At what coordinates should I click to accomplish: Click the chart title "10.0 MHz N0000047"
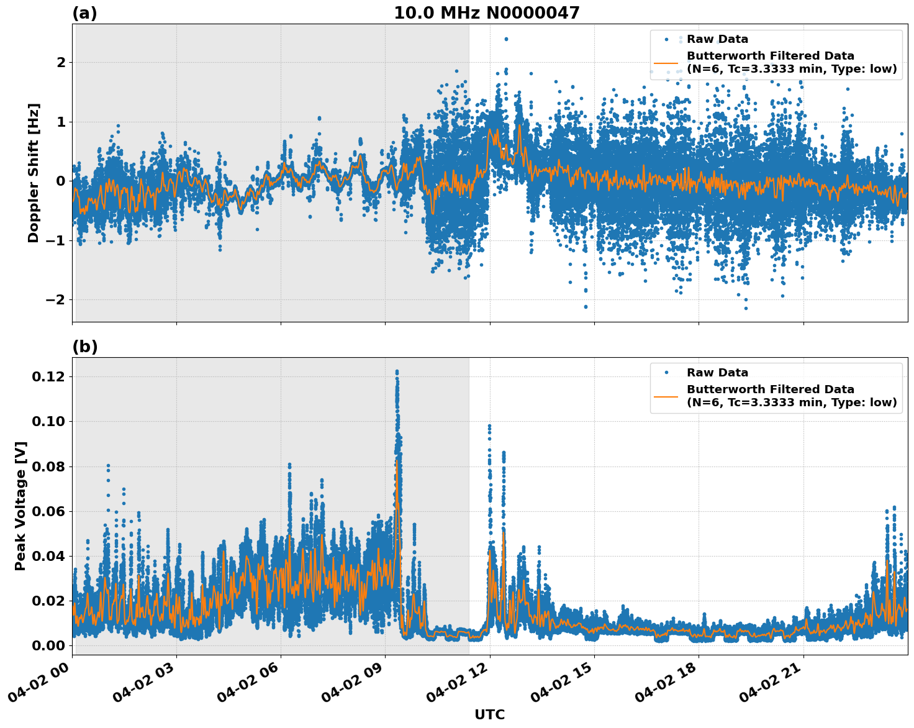(486, 13)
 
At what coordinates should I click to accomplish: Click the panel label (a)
(84, 13)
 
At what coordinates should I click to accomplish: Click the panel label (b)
(84, 347)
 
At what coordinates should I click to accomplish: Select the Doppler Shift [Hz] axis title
(34, 173)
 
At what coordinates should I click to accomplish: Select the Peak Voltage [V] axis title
(20, 506)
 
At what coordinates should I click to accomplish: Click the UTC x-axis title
(489, 714)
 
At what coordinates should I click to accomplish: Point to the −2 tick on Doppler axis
(54, 300)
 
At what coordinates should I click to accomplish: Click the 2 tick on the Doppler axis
(61, 62)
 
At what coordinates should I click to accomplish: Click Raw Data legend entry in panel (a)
(717, 40)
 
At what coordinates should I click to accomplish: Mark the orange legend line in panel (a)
(666, 63)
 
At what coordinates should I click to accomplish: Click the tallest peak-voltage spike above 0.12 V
(397, 372)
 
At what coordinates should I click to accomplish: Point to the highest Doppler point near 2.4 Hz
(506, 39)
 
